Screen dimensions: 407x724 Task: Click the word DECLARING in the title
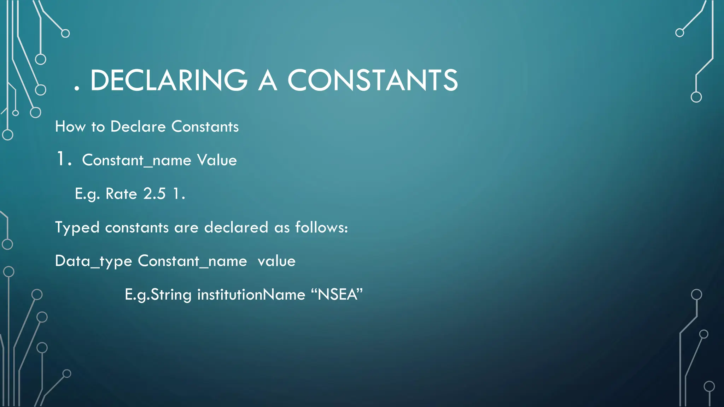tap(169, 80)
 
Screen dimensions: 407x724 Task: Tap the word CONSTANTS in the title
tap(373, 80)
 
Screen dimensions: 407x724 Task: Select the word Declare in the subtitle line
tap(138, 126)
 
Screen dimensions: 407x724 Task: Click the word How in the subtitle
tap(70, 126)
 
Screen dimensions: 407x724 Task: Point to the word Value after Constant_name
tap(217, 160)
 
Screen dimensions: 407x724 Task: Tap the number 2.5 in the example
tap(154, 194)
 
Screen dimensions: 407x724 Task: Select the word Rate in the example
tap(121, 194)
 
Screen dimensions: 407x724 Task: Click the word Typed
tap(77, 228)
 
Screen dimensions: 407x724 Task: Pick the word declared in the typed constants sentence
tap(236, 227)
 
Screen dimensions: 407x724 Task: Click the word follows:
tap(321, 227)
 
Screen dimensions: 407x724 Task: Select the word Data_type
tap(93, 261)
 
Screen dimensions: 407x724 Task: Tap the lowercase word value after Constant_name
tap(276, 261)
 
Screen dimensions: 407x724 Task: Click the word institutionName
tap(251, 294)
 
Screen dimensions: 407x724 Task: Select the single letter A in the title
tap(267, 80)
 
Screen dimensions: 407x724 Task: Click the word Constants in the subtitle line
tap(205, 126)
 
